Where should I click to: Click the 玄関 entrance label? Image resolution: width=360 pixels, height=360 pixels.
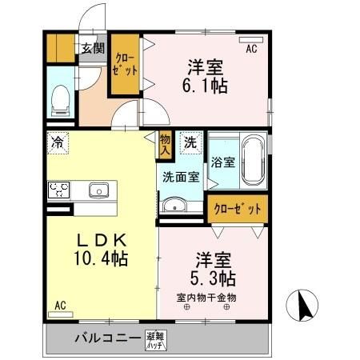pyautogui.click(x=92, y=47)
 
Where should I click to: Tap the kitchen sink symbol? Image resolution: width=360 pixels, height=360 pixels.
pyautogui.click(x=99, y=190)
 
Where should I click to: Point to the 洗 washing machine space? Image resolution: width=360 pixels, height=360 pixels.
pyautogui.click(x=190, y=144)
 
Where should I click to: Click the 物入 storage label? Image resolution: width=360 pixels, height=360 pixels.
pyautogui.click(x=166, y=144)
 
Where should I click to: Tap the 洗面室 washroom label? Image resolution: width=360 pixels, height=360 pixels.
pyautogui.click(x=181, y=177)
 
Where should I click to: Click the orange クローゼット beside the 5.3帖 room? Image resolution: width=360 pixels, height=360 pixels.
pyautogui.click(x=237, y=209)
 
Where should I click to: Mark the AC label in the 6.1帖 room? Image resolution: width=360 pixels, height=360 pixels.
pyautogui.click(x=251, y=50)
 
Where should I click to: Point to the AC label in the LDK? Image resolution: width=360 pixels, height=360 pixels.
pyautogui.click(x=60, y=305)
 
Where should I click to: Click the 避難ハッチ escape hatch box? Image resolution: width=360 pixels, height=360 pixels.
pyautogui.click(x=155, y=339)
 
